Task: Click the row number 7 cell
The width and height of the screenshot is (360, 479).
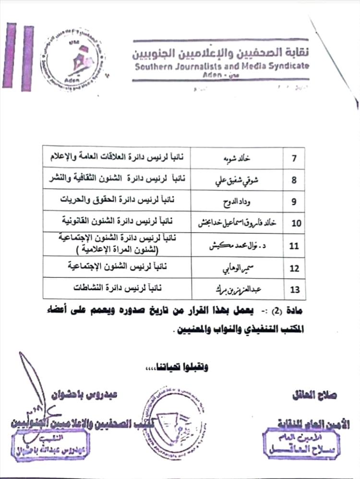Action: click(x=294, y=157)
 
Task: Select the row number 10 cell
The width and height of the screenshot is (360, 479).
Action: click(x=294, y=222)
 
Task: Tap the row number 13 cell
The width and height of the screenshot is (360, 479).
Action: click(x=294, y=289)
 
